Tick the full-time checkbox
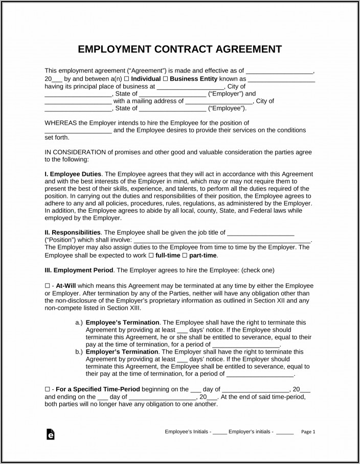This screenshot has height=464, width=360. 151,256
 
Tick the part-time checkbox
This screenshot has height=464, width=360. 185,256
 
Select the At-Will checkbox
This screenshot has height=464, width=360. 47,285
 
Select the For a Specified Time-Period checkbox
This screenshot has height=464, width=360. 47,389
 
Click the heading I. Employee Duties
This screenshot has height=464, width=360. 73,174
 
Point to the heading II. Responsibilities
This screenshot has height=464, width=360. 73,233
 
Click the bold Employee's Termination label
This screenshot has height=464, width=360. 123,322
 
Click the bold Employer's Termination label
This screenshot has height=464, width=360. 123,352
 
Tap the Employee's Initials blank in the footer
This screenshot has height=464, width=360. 220,432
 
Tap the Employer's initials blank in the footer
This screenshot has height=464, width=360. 285,432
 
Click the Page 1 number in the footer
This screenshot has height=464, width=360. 308,432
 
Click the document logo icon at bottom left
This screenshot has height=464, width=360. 50,434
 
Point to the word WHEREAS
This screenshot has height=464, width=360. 59,123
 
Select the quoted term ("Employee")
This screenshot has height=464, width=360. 228,108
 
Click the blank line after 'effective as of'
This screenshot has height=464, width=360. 279,72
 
